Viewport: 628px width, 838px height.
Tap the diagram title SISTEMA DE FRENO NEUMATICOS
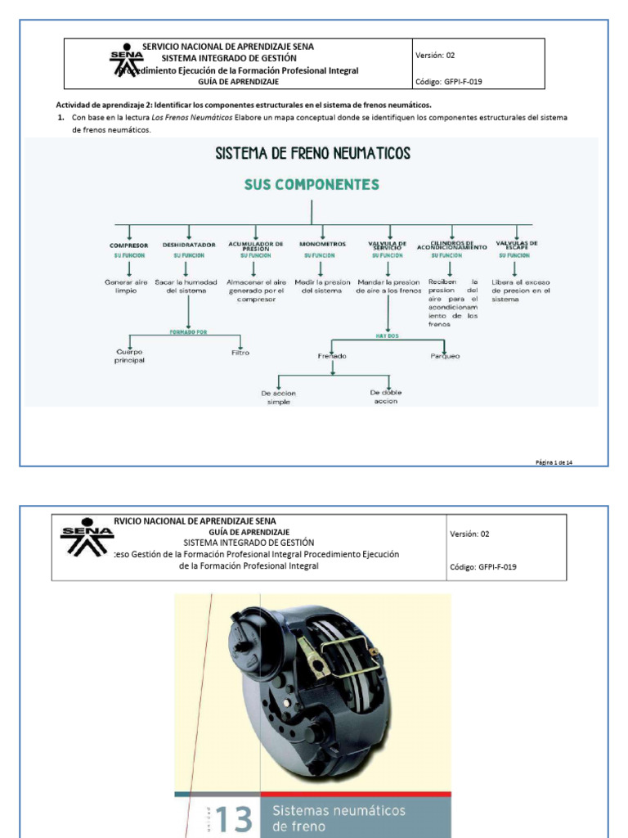click(x=312, y=153)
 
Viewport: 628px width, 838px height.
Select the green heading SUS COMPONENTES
click(x=312, y=185)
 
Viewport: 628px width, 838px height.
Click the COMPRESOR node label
click(x=129, y=246)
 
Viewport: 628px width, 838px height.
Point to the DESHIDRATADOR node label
click(x=189, y=246)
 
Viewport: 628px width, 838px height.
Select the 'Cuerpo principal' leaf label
click(x=129, y=356)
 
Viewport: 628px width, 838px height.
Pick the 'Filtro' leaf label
click(x=240, y=353)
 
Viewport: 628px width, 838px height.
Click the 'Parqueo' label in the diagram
click(x=445, y=356)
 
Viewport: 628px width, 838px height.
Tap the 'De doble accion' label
click(x=386, y=397)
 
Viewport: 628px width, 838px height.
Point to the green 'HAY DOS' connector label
click(x=387, y=336)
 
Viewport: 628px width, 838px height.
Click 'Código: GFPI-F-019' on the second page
click(x=483, y=566)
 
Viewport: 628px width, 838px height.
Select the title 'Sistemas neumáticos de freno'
click(x=339, y=818)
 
